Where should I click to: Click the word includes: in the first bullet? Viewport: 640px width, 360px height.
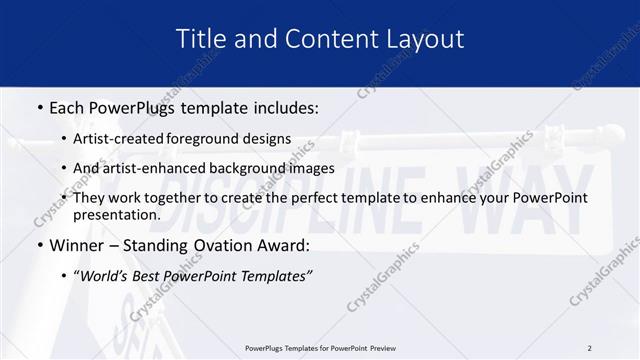(x=280, y=106)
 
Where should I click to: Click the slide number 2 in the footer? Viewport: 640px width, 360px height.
(x=589, y=348)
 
